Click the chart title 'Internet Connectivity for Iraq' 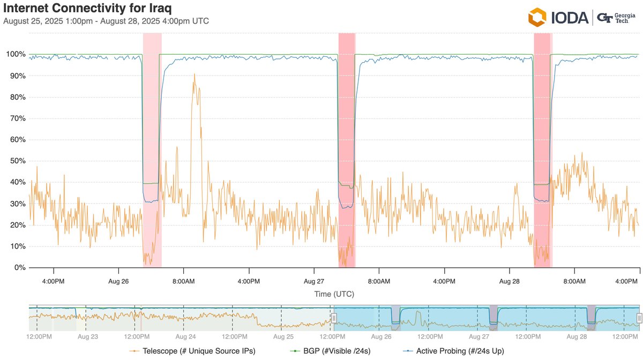(x=88, y=9)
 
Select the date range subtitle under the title (x=106, y=21)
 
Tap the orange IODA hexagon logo (x=537, y=17)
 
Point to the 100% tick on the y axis (x=15, y=54)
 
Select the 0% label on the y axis (x=19, y=267)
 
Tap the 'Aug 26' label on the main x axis (x=118, y=281)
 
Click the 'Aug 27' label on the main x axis (x=314, y=281)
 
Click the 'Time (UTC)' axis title (x=334, y=294)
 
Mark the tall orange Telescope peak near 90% (x=195, y=76)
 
